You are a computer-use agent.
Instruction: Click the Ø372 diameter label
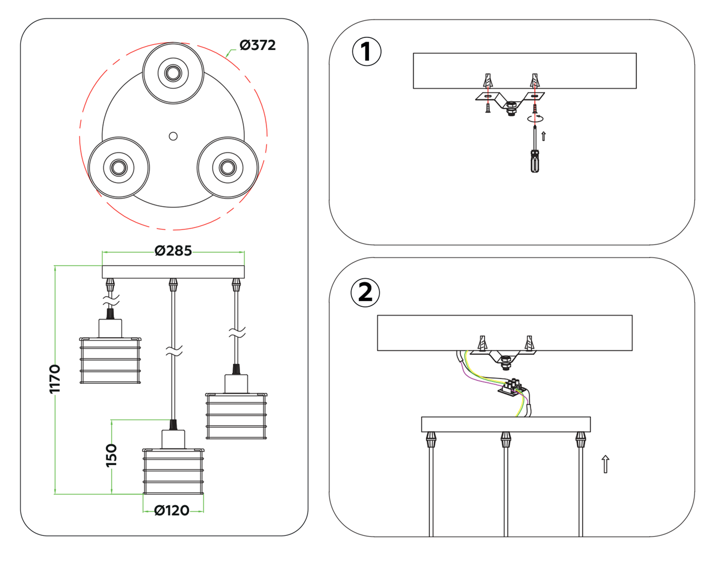point(258,45)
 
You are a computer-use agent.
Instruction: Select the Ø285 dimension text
point(173,251)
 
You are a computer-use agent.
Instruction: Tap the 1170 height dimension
point(54,379)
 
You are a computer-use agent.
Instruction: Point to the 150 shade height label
point(111,455)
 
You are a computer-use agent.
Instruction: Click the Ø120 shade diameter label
point(172,511)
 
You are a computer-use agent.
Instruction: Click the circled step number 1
point(366,52)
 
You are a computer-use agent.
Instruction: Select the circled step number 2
point(365,293)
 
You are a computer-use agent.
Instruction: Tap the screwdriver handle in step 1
point(535,161)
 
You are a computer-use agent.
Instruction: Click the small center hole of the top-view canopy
point(173,136)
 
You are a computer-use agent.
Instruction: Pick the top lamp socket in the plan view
point(173,73)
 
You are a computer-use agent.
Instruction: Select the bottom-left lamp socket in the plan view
point(119,167)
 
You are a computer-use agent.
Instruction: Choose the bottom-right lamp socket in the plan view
point(228,167)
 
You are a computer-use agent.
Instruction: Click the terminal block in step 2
point(512,388)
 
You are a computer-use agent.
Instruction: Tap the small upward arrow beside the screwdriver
point(544,136)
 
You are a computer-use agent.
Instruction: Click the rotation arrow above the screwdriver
point(535,118)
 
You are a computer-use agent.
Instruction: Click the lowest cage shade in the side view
point(173,471)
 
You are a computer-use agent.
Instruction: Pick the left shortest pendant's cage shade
point(110,361)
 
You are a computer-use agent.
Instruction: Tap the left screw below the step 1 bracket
point(488,108)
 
